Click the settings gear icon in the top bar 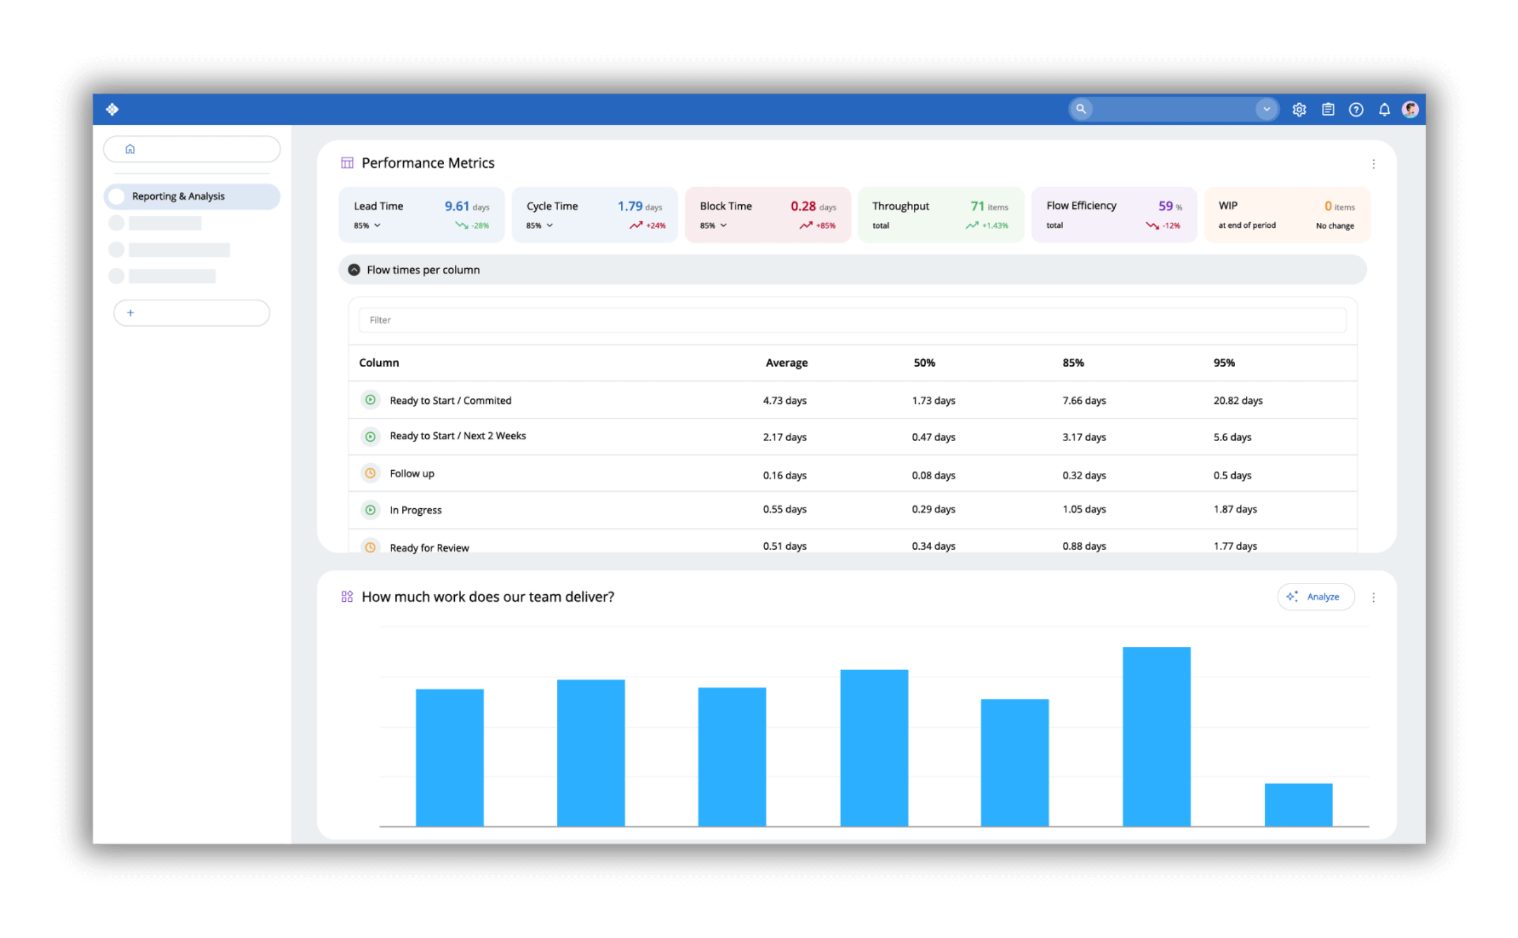(1299, 110)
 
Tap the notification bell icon (1384, 110)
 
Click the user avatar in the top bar (1410, 110)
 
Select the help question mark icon (1356, 110)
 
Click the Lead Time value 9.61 (457, 206)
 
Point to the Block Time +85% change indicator (818, 226)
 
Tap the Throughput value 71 (977, 206)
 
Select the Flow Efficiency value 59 (1165, 206)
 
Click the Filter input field (852, 320)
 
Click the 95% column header (1224, 363)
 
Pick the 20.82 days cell (1238, 401)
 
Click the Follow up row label (412, 474)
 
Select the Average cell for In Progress (784, 509)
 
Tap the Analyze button (1315, 597)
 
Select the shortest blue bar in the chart (1299, 805)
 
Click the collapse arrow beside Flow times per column (354, 270)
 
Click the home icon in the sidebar (130, 149)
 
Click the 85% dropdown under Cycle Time (540, 226)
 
